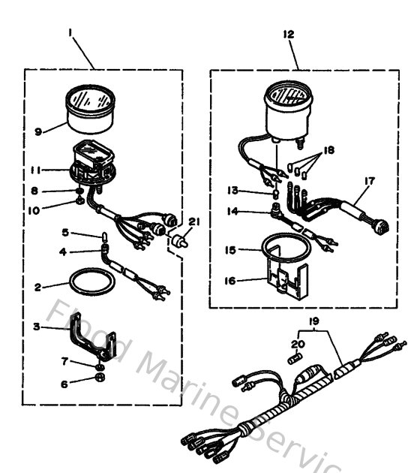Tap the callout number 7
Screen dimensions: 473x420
64,361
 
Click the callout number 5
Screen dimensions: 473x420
64,232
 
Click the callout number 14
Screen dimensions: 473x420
232,212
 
